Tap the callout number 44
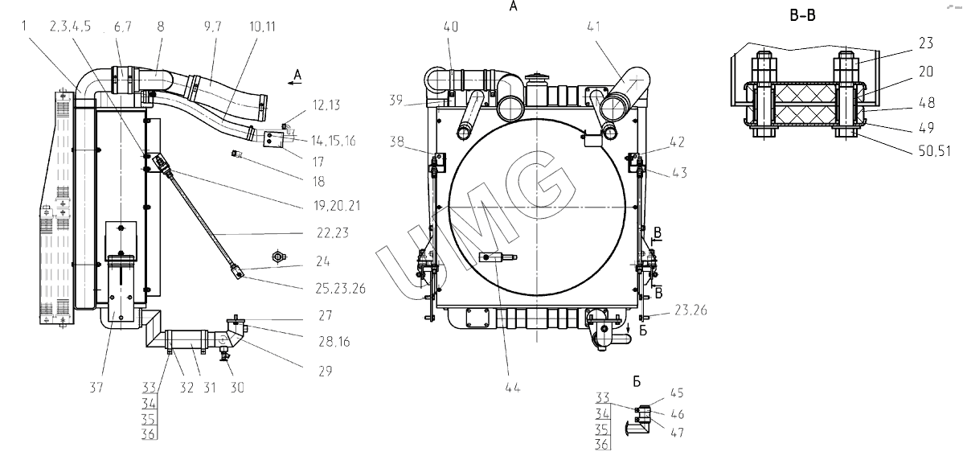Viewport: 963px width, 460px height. pos(513,388)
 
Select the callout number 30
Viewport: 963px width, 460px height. pos(237,388)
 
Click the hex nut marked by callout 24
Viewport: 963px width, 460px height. pos(277,257)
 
